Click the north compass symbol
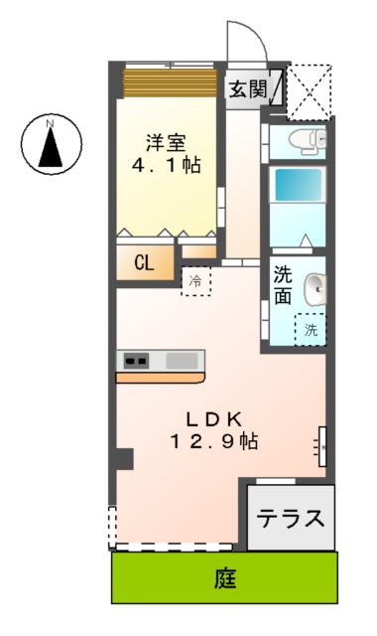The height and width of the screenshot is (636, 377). tap(51, 144)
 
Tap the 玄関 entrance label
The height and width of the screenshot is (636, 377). tap(249, 88)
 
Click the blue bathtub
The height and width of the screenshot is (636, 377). tap(298, 185)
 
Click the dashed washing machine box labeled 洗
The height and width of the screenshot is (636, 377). tap(311, 329)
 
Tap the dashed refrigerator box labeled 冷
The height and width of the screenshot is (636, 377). tap(195, 280)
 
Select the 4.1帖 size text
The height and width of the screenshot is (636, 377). tap(166, 165)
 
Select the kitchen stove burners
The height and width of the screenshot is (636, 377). tap(134, 360)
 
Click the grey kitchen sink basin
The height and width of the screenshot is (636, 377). tap(183, 360)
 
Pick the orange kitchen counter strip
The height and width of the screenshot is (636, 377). tap(161, 378)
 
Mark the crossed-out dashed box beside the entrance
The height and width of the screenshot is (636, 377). tap(310, 91)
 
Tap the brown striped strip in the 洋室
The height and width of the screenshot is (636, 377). tap(169, 82)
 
